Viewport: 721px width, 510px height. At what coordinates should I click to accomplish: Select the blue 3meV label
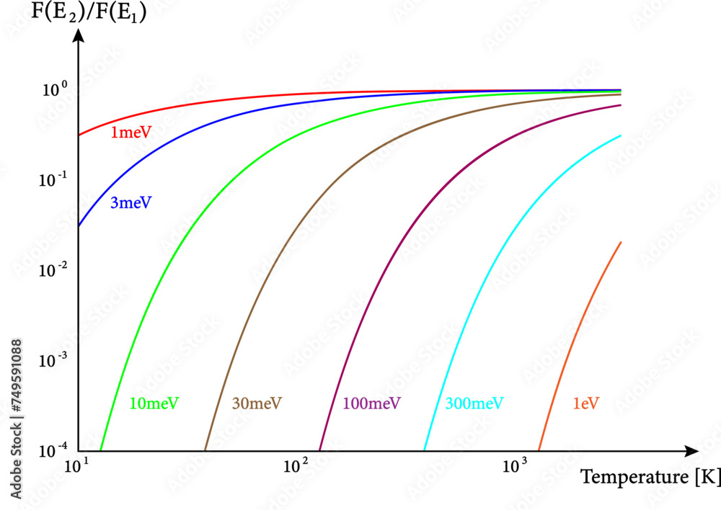point(131,202)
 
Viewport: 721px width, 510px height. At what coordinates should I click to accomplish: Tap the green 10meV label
point(154,403)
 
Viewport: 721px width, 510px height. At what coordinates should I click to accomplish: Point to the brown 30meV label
point(257,403)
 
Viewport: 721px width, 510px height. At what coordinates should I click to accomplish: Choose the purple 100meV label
point(372,403)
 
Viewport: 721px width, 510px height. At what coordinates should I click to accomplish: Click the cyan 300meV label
point(474,403)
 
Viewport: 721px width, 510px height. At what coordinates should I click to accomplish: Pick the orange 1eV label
point(586,403)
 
